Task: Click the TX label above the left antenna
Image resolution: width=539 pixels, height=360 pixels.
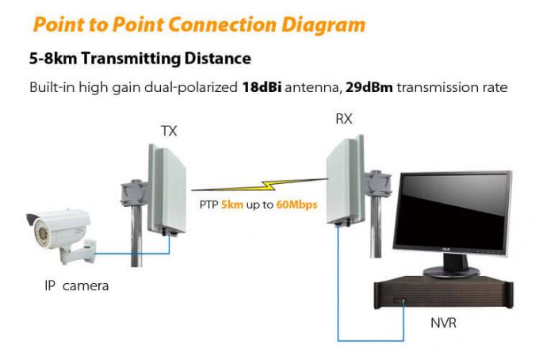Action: [169, 131]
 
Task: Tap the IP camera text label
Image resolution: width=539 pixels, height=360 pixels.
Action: [76, 285]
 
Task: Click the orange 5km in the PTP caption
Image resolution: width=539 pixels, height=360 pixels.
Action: [232, 205]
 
